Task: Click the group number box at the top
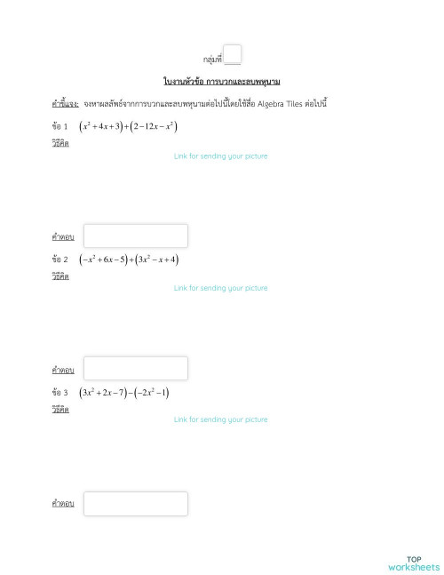pos(232,55)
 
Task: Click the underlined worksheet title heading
pos(222,82)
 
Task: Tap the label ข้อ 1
pos(59,127)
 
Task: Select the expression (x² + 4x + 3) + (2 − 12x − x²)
pos(128,127)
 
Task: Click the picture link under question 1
pos(221,156)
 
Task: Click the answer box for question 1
pos(136,236)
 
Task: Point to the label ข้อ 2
pos(59,260)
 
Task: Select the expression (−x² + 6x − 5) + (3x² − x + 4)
pos(130,260)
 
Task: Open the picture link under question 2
pos(221,288)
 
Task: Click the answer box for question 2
pos(136,368)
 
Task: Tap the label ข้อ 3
pos(59,392)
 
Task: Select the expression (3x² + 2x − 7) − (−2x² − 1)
pos(124,392)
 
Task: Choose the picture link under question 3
pos(221,419)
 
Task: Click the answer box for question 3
pos(136,504)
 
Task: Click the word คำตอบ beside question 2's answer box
pos(62,370)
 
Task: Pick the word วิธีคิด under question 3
pos(60,409)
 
